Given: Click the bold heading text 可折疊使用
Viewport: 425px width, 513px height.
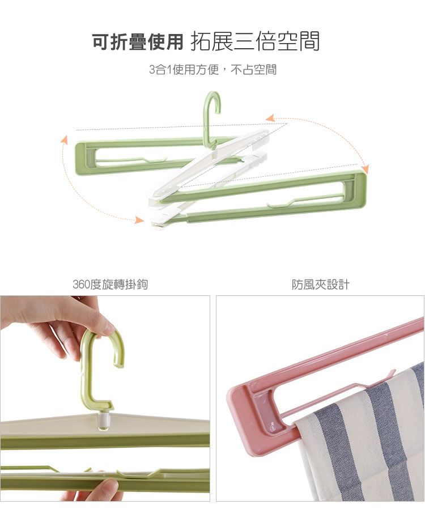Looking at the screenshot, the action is pyautogui.click(x=137, y=42).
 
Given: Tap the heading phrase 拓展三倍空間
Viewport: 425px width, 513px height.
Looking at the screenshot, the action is pyautogui.click(x=254, y=41).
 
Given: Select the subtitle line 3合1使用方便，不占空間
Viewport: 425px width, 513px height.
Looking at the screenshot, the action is pyautogui.click(x=212, y=70).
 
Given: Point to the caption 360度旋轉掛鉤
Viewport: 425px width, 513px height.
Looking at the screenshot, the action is pyautogui.click(x=110, y=285).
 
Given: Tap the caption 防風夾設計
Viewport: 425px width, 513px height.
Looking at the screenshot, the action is pyautogui.click(x=321, y=285).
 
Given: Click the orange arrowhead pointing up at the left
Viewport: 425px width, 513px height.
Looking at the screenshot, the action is pyautogui.click(x=65, y=139).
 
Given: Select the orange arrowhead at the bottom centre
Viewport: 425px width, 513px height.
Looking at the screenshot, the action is pyautogui.click(x=140, y=220).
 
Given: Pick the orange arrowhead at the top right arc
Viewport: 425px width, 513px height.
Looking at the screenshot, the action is pyautogui.click(x=270, y=118).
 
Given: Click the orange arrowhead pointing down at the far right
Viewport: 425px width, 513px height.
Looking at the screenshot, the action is pyautogui.click(x=365, y=169).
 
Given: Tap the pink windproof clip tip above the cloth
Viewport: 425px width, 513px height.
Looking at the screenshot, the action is pyautogui.click(x=392, y=374).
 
